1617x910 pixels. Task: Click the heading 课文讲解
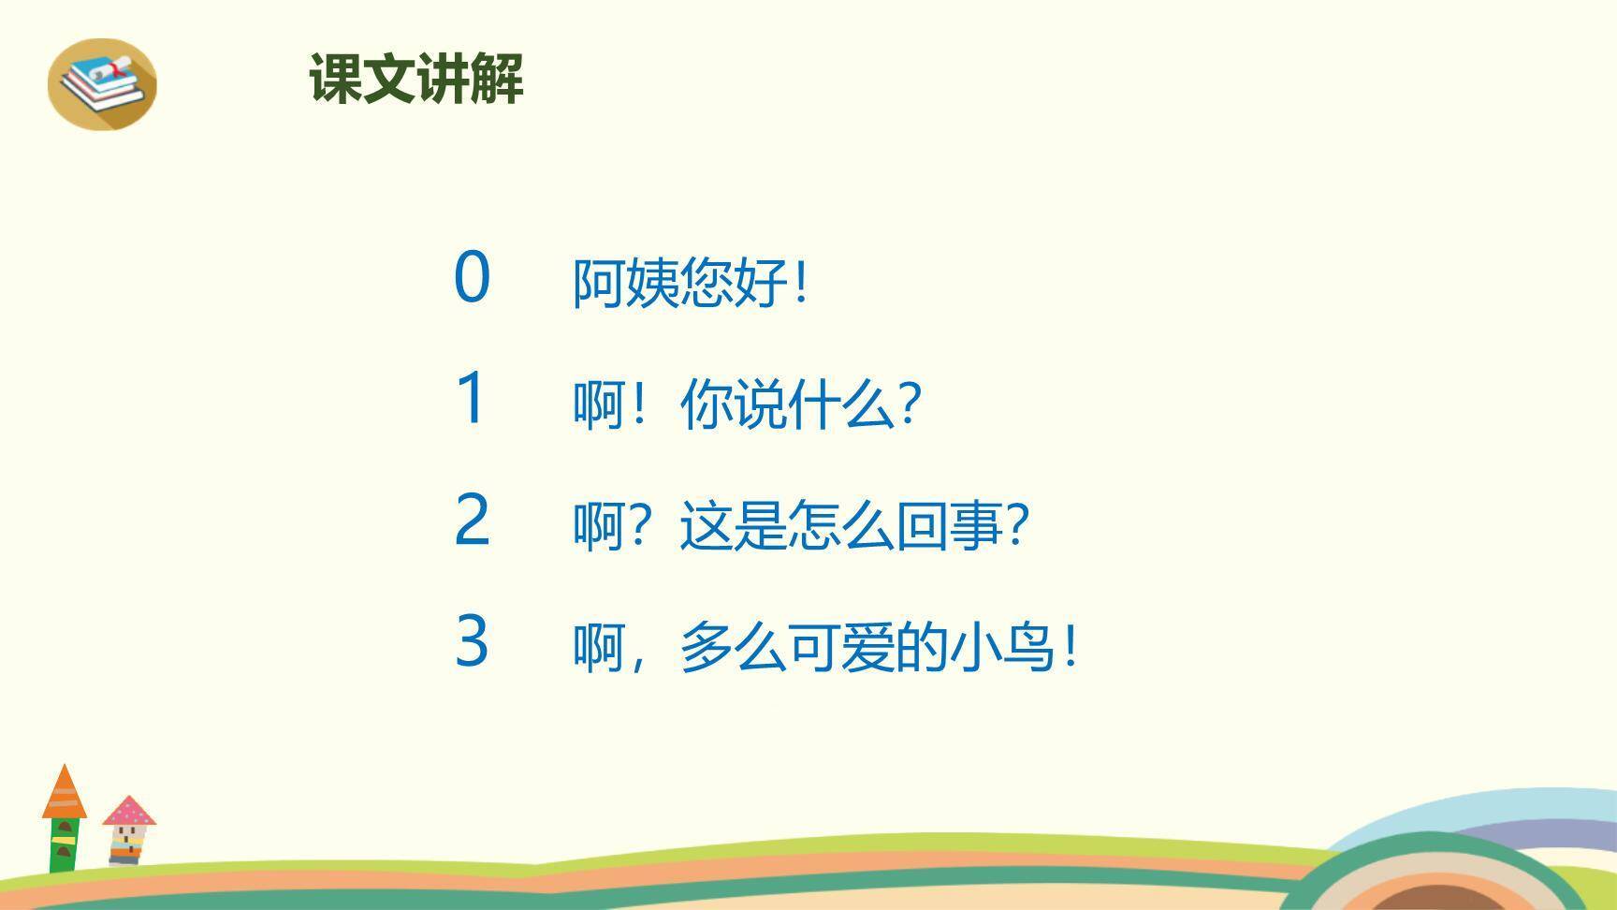tap(416, 79)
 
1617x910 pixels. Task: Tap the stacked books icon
tap(102, 82)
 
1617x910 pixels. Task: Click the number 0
tap(472, 277)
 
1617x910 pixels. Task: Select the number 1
tap(471, 398)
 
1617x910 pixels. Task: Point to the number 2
tap(472, 520)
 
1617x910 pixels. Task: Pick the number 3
tap(472, 641)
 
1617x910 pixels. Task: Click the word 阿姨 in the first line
tap(625, 282)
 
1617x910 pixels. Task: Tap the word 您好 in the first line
tap(734, 282)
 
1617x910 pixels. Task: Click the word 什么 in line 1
tap(841, 404)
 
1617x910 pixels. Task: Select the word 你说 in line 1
tap(734, 404)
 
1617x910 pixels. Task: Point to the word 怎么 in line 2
tap(841, 525)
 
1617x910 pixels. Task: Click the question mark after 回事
tap(1018, 525)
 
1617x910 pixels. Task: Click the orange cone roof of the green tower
tap(64, 794)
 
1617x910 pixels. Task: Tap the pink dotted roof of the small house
tap(129, 812)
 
